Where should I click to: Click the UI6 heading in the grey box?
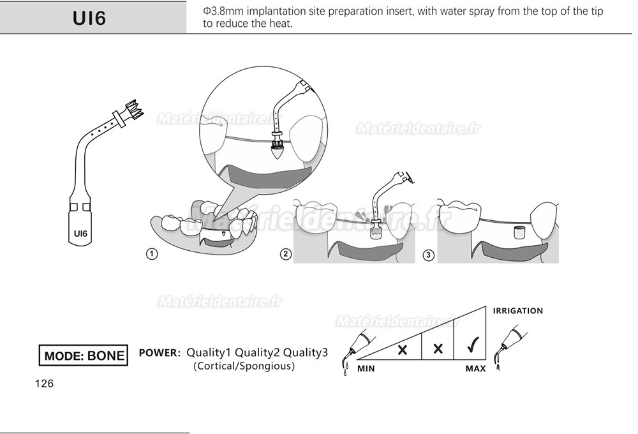(89, 18)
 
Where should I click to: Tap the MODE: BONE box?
(84, 355)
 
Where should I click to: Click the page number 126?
(45, 384)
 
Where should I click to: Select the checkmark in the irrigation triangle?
(473, 348)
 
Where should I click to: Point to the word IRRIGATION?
(517, 311)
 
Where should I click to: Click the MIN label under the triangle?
(366, 369)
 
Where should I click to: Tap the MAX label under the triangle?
(475, 369)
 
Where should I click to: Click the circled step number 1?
(152, 254)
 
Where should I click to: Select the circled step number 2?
(286, 254)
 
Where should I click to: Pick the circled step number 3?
(428, 255)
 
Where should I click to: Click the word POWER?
(160, 352)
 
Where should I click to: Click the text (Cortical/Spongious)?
(244, 366)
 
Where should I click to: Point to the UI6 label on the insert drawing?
(80, 234)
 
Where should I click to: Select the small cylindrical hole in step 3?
(519, 231)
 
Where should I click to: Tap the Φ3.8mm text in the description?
(220, 11)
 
